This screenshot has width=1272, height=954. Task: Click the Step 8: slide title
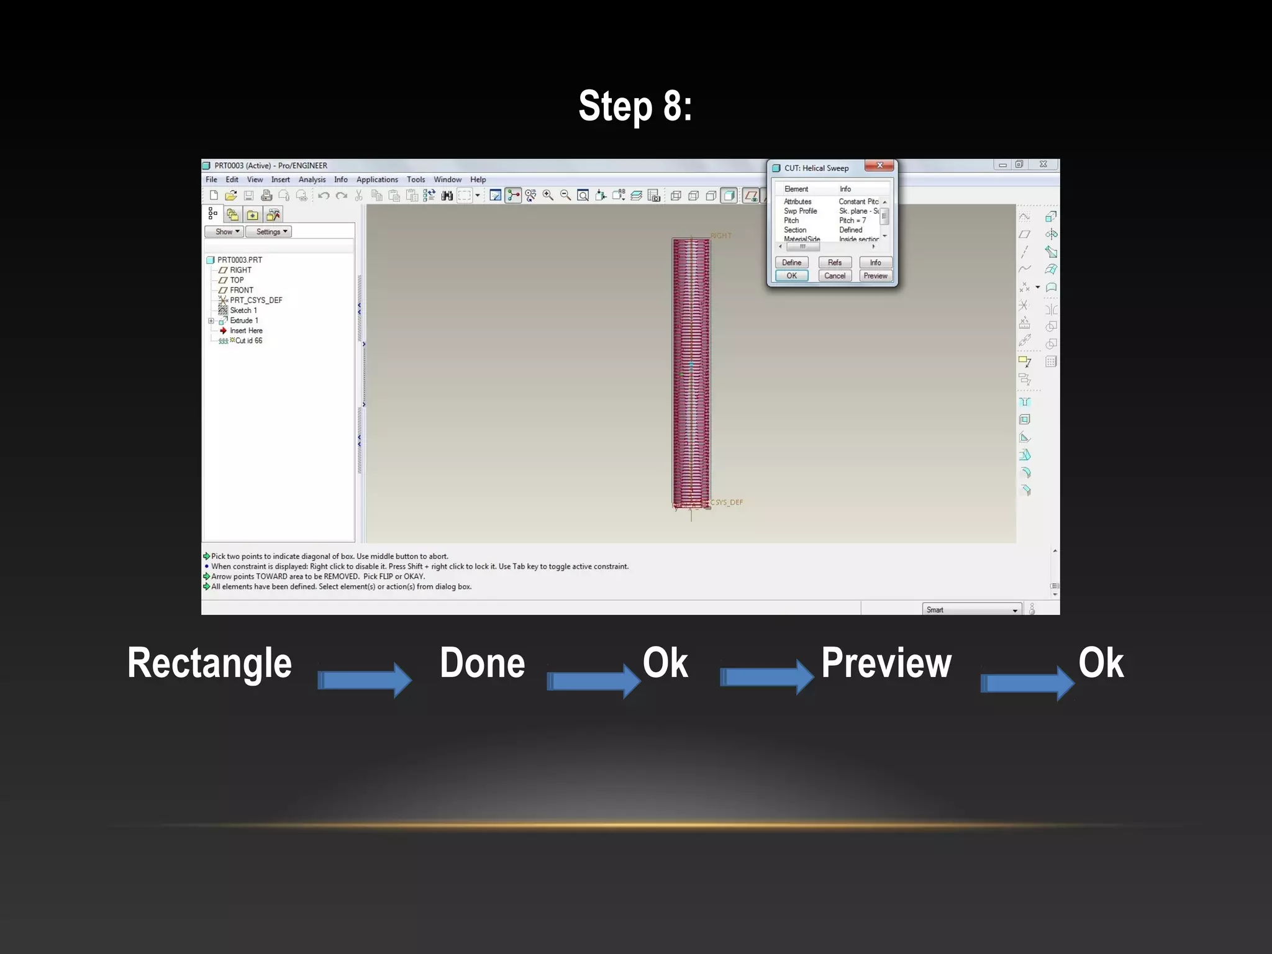[635, 106]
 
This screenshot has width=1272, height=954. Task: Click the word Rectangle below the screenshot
[209, 663]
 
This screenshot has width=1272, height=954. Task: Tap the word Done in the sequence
[482, 663]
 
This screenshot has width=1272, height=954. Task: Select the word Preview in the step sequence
[886, 663]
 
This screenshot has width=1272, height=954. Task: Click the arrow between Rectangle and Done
[365, 680]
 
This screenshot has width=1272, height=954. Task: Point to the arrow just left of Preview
[766, 676]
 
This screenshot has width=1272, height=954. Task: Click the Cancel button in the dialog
[834, 276]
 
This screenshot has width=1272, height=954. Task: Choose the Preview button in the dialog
[875, 276]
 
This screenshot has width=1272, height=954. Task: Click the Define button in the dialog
[791, 263]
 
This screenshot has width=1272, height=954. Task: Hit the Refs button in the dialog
[834, 263]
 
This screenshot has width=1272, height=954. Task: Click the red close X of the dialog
[879, 166]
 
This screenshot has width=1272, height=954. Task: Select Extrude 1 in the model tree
[244, 320]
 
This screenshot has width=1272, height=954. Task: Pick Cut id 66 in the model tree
[248, 341]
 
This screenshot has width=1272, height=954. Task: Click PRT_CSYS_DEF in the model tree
[256, 300]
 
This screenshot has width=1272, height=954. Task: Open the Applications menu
[377, 179]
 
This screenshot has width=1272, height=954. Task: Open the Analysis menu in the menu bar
[312, 179]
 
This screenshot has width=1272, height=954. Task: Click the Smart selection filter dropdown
[971, 610]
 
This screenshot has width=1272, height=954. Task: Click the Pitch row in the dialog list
[791, 220]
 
